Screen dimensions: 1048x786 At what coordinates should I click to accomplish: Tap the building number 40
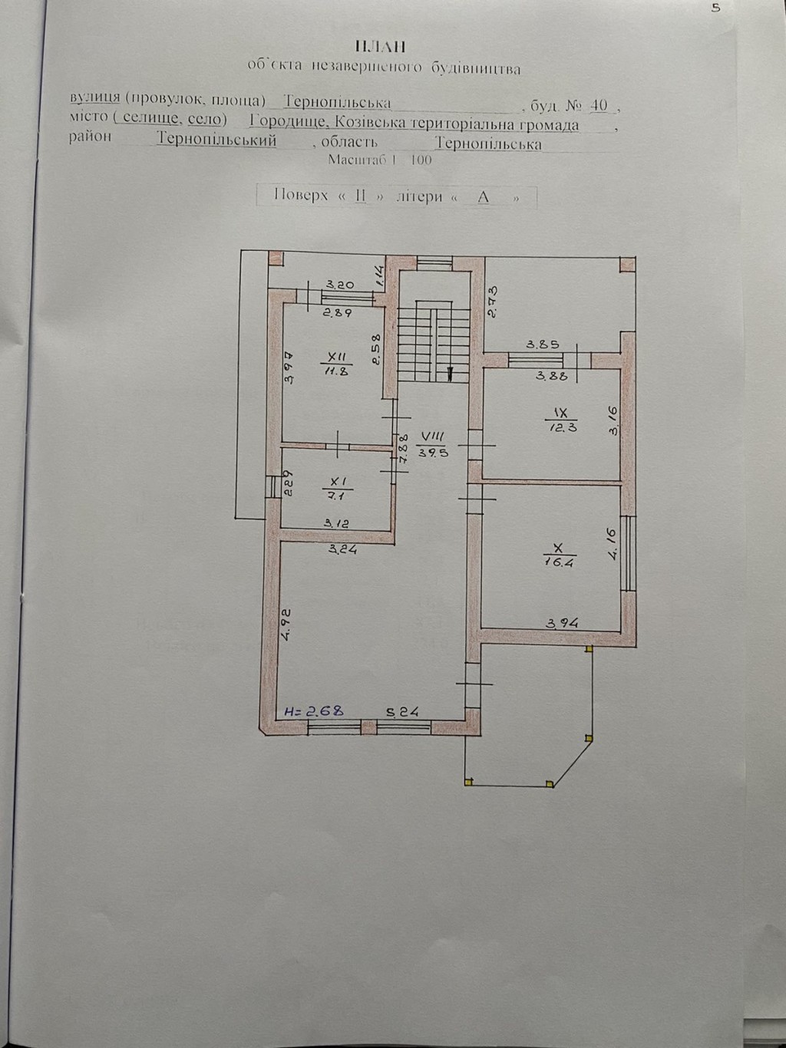coord(599,104)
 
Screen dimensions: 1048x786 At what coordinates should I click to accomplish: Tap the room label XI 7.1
coord(339,489)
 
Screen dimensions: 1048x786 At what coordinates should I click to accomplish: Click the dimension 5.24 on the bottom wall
coord(401,711)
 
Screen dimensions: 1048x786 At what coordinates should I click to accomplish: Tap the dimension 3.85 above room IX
coord(543,344)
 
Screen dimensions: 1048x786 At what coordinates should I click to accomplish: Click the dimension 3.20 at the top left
coord(338,285)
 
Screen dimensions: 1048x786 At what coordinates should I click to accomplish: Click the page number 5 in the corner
coord(715,8)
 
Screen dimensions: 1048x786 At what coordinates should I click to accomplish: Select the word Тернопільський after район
coord(216,140)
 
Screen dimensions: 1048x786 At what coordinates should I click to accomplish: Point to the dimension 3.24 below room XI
coord(342,549)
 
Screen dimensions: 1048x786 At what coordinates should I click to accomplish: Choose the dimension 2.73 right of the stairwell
coord(494,301)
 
